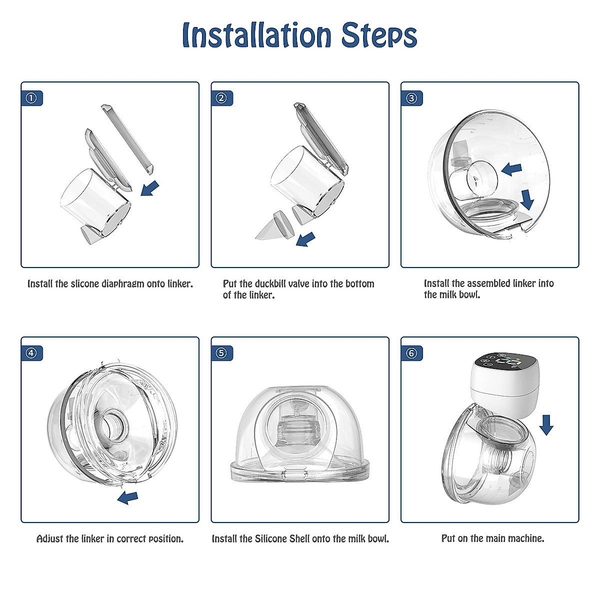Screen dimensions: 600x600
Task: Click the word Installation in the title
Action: pyautogui.click(x=256, y=35)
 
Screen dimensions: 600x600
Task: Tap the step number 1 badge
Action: pyautogui.click(x=31, y=98)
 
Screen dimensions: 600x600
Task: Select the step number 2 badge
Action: pyautogui.click(x=221, y=98)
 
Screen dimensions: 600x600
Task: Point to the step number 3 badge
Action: pyautogui.click(x=411, y=98)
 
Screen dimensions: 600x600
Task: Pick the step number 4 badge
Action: pyautogui.click(x=31, y=353)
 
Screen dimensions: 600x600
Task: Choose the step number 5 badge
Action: pyautogui.click(x=221, y=353)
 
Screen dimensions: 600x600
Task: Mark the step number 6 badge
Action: pyautogui.click(x=411, y=353)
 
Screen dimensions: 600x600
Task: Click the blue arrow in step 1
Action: pyautogui.click(x=150, y=188)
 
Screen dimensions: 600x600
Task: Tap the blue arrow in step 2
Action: pyautogui.click(x=305, y=239)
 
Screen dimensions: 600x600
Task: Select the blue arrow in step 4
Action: pyautogui.click(x=127, y=498)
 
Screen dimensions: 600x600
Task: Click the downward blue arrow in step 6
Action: pyautogui.click(x=546, y=424)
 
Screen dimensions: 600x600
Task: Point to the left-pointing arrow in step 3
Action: pyautogui.click(x=511, y=169)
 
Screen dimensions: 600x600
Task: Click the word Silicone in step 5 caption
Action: pyautogui.click(x=271, y=539)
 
